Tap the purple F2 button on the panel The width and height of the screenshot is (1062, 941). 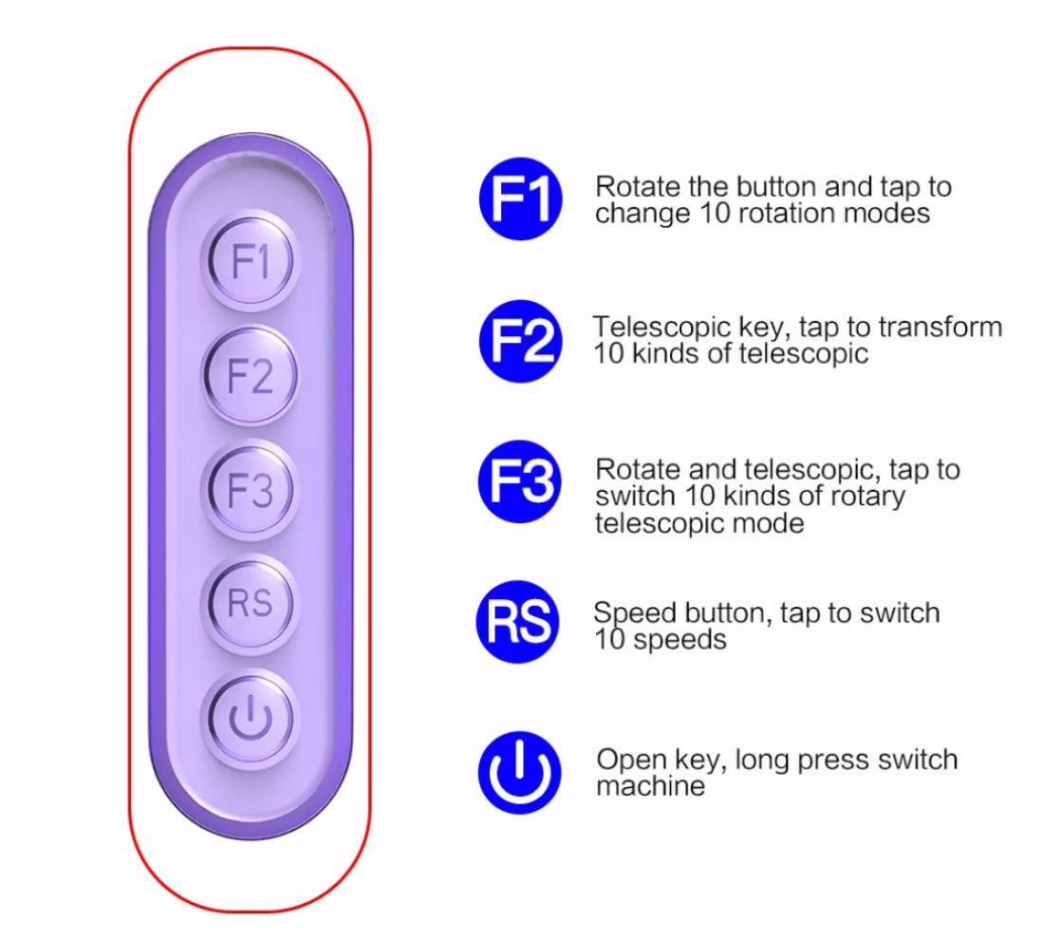pos(250,376)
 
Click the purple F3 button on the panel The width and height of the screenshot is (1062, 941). pos(250,490)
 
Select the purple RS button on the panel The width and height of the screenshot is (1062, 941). pos(250,603)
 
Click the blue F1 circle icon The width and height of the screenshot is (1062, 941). pos(521,201)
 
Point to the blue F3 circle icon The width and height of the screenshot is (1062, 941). pos(521,482)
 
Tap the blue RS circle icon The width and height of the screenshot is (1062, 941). pos(518,623)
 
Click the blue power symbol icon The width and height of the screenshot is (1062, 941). pos(519,772)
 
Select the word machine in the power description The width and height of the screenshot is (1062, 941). pos(650,786)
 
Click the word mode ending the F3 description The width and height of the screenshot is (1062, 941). pos(770,523)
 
